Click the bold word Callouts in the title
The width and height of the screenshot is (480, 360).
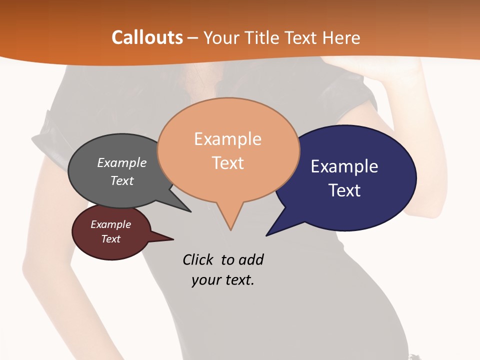pos(147,37)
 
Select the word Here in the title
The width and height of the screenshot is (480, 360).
pos(341,37)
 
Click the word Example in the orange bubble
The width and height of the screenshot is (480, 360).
pos(227,139)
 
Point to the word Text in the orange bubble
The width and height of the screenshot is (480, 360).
pos(228,163)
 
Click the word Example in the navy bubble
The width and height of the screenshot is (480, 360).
pos(344,166)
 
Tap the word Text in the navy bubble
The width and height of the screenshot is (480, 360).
pos(344,190)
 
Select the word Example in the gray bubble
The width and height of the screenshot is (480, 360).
pos(122,162)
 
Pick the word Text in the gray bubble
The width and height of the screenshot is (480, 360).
pos(122,180)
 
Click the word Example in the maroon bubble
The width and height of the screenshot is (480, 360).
pos(110,224)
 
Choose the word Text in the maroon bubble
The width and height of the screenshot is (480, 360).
pos(110,239)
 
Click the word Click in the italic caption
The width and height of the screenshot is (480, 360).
pos(198,259)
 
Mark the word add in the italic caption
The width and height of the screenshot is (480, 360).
pos(250,259)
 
